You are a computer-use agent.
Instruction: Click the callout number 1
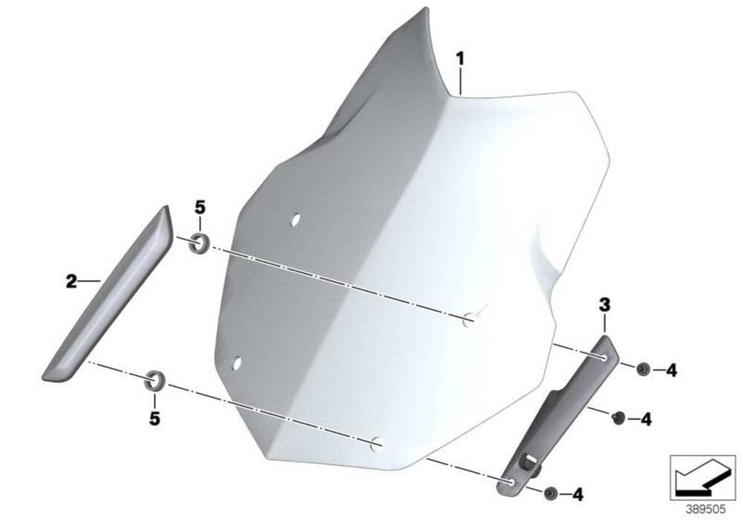click(x=461, y=57)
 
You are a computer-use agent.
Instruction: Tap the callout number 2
click(x=71, y=282)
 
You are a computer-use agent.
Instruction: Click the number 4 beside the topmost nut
click(x=672, y=369)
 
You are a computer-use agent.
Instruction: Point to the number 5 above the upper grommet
click(x=199, y=207)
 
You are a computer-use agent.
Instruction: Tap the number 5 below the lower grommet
click(x=155, y=419)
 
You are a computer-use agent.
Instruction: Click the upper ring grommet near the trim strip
click(x=198, y=242)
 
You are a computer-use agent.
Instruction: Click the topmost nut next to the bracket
click(x=643, y=368)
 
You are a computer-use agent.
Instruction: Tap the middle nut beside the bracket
click(x=617, y=418)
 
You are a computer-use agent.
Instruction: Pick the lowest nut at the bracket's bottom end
click(x=551, y=493)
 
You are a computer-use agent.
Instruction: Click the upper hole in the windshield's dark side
click(x=295, y=220)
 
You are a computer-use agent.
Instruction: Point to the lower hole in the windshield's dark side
click(x=237, y=363)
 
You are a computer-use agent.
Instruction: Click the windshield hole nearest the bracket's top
click(x=470, y=320)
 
